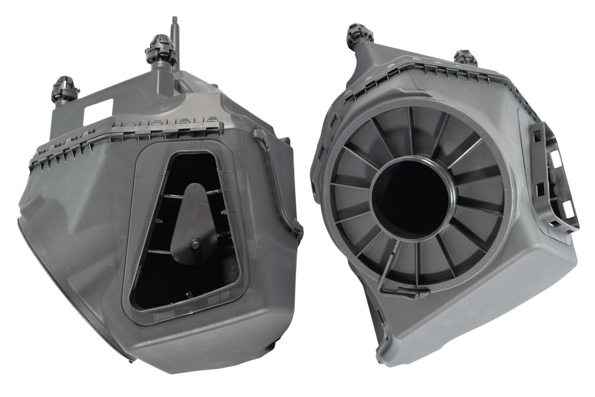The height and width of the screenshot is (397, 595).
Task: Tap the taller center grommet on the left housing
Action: pyautogui.click(x=160, y=51)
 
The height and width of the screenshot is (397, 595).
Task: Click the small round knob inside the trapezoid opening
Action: pyautogui.click(x=195, y=244)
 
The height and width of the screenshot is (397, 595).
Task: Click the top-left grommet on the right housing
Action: pyautogui.click(x=359, y=36)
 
